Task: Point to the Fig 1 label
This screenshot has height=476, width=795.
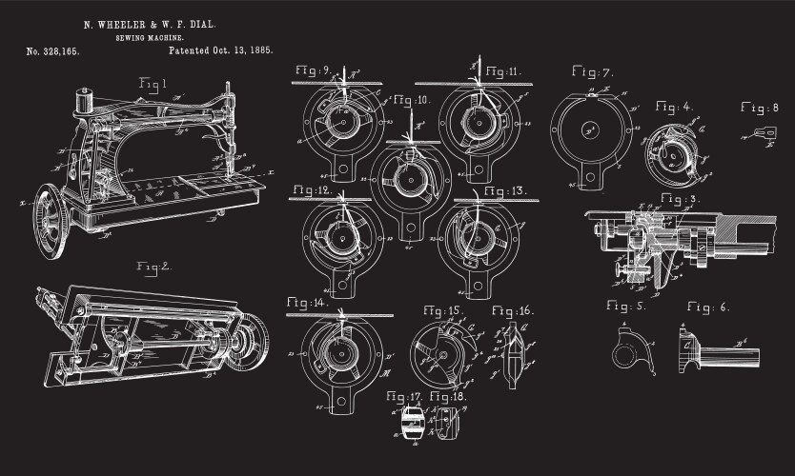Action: coord(152,84)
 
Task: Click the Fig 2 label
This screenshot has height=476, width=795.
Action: coord(153,266)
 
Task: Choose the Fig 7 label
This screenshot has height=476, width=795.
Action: coord(592,72)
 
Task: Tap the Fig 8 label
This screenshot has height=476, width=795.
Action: coord(760,108)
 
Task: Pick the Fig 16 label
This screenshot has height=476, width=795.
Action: coord(513,311)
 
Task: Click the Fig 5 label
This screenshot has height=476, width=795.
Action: coord(626,307)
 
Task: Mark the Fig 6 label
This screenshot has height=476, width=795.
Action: coord(707,307)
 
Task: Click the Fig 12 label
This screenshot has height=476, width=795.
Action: coord(312,191)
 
